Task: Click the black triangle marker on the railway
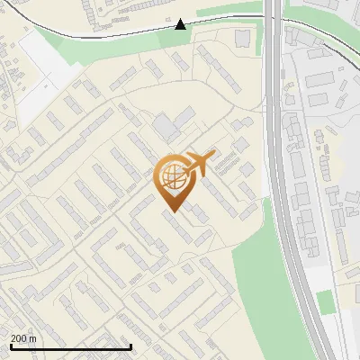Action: click(x=181, y=23)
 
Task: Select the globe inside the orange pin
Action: click(x=171, y=176)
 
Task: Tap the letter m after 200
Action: click(x=33, y=338)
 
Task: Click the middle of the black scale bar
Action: click(x=70, y=346)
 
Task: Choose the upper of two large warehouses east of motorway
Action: click(x=320, y=78)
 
